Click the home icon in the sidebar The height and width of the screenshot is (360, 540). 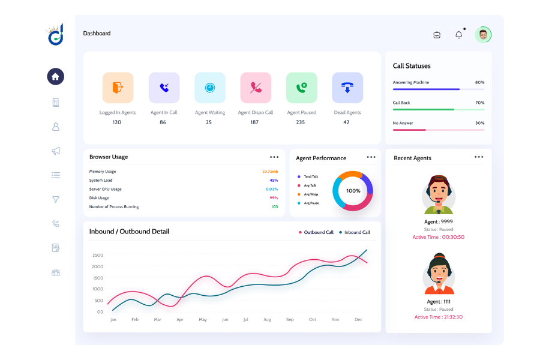[55, 76]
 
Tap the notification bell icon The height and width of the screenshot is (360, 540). [459, 35]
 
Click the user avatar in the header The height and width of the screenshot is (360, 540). [483, 35]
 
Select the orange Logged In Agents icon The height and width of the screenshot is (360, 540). [118, 88]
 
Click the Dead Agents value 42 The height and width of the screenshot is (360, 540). [346, 122]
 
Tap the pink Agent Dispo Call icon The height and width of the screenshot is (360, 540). [256, 88]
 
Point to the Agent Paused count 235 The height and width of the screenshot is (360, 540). [300, 122]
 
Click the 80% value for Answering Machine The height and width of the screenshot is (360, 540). [479, 82]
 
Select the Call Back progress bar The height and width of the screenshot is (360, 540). [438, 109]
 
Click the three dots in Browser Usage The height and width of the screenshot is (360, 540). [274, 157]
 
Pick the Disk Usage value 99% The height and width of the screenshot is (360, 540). [274, 198]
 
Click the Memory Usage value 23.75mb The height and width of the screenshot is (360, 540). [270, 172]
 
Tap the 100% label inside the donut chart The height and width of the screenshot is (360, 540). [353, 191]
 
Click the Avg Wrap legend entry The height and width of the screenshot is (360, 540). [310, 194]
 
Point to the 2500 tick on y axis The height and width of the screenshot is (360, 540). [98, 255]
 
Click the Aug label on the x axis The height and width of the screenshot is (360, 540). [267, 320]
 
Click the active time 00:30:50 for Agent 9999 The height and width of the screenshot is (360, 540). [438, 237]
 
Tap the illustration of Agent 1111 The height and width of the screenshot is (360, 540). [439, 274]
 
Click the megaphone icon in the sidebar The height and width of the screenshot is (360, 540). [56, 151]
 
